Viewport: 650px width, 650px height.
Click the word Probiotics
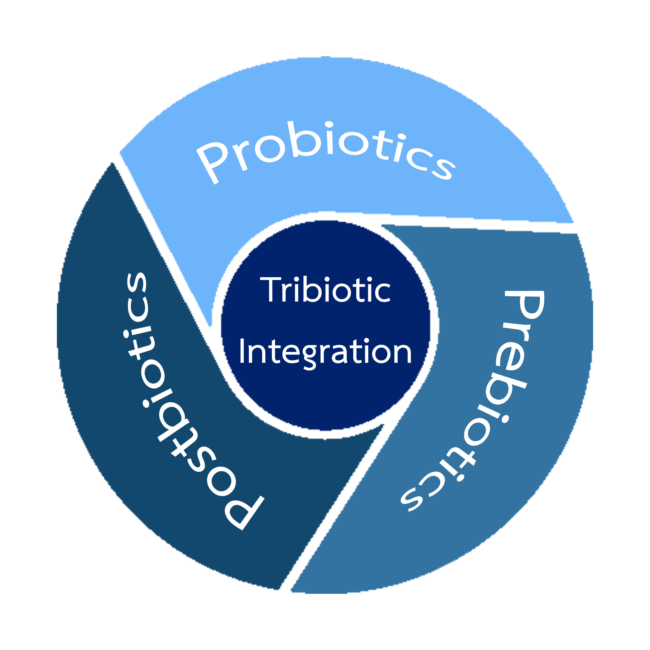click(323, 148)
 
